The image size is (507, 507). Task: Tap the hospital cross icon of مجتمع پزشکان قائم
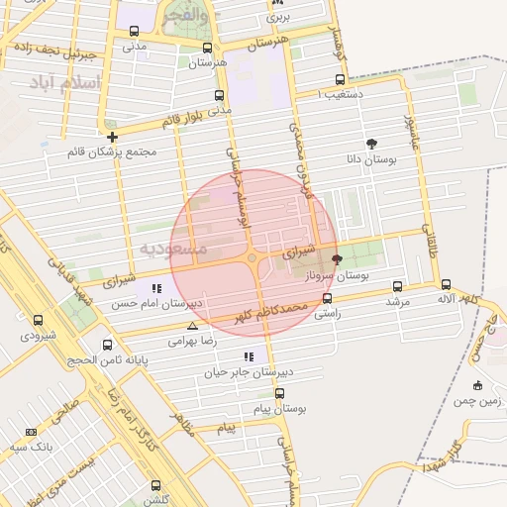(112, 137)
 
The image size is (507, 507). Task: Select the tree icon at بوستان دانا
(371, 143)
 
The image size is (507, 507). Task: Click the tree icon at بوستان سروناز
(337, 259)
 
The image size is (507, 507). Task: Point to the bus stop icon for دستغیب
(340, 80)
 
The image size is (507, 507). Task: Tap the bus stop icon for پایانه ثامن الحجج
(107, 345)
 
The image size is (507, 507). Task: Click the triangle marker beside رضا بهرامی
(192, 326)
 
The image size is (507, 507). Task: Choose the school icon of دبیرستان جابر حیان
(249, 356)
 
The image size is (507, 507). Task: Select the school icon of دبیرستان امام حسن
(155, 288)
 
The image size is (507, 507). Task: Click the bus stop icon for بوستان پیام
(280, 393)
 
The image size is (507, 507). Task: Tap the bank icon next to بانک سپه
(31, 432)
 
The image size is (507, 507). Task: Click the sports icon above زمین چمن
(478, 385)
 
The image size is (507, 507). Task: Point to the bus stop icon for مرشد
(398, 285)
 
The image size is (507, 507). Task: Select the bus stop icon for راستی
(327, 297)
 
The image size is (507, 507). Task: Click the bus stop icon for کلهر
(446, 284)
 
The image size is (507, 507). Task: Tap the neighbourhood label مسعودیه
(173, 248)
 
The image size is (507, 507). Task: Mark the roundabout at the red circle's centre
(253, 258)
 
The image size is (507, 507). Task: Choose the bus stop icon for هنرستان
(207, 48)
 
